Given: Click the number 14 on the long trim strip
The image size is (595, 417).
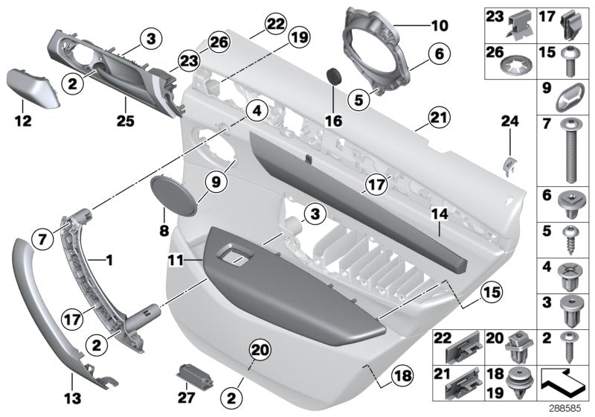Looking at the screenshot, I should (x=439, y=214).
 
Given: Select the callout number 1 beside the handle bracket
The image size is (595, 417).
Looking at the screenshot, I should (x=109, y=261).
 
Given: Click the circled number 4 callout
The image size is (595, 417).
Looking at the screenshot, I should (x=256, y=112).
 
